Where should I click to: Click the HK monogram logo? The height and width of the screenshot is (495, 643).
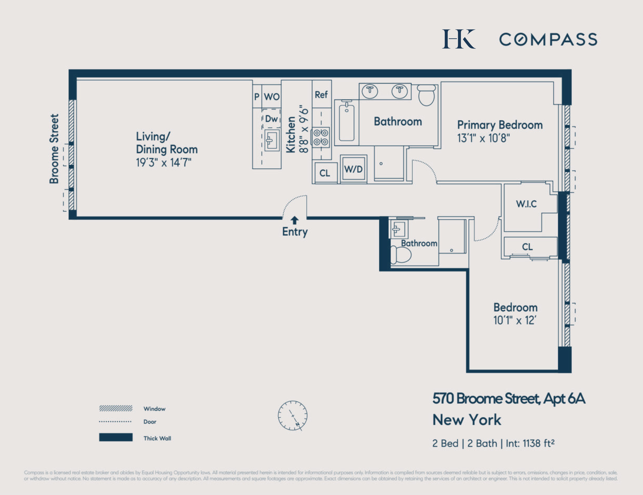(x=459, y=39)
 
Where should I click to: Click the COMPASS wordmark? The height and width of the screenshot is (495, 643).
(x=548, y=39)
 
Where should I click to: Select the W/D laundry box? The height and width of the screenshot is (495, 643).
(x=353, y=169)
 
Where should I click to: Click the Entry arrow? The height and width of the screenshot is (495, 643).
(x=294, y=220)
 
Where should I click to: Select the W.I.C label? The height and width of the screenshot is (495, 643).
(x=526, y=204)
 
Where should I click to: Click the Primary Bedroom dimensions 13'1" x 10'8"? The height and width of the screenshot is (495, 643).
(x=483, y=138)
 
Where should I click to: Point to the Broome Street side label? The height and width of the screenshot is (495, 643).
(x=54, y=149)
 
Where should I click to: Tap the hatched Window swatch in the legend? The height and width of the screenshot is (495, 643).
(x=116, y=408)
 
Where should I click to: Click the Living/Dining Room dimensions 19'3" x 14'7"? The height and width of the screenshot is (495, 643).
(x=164, y=162)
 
